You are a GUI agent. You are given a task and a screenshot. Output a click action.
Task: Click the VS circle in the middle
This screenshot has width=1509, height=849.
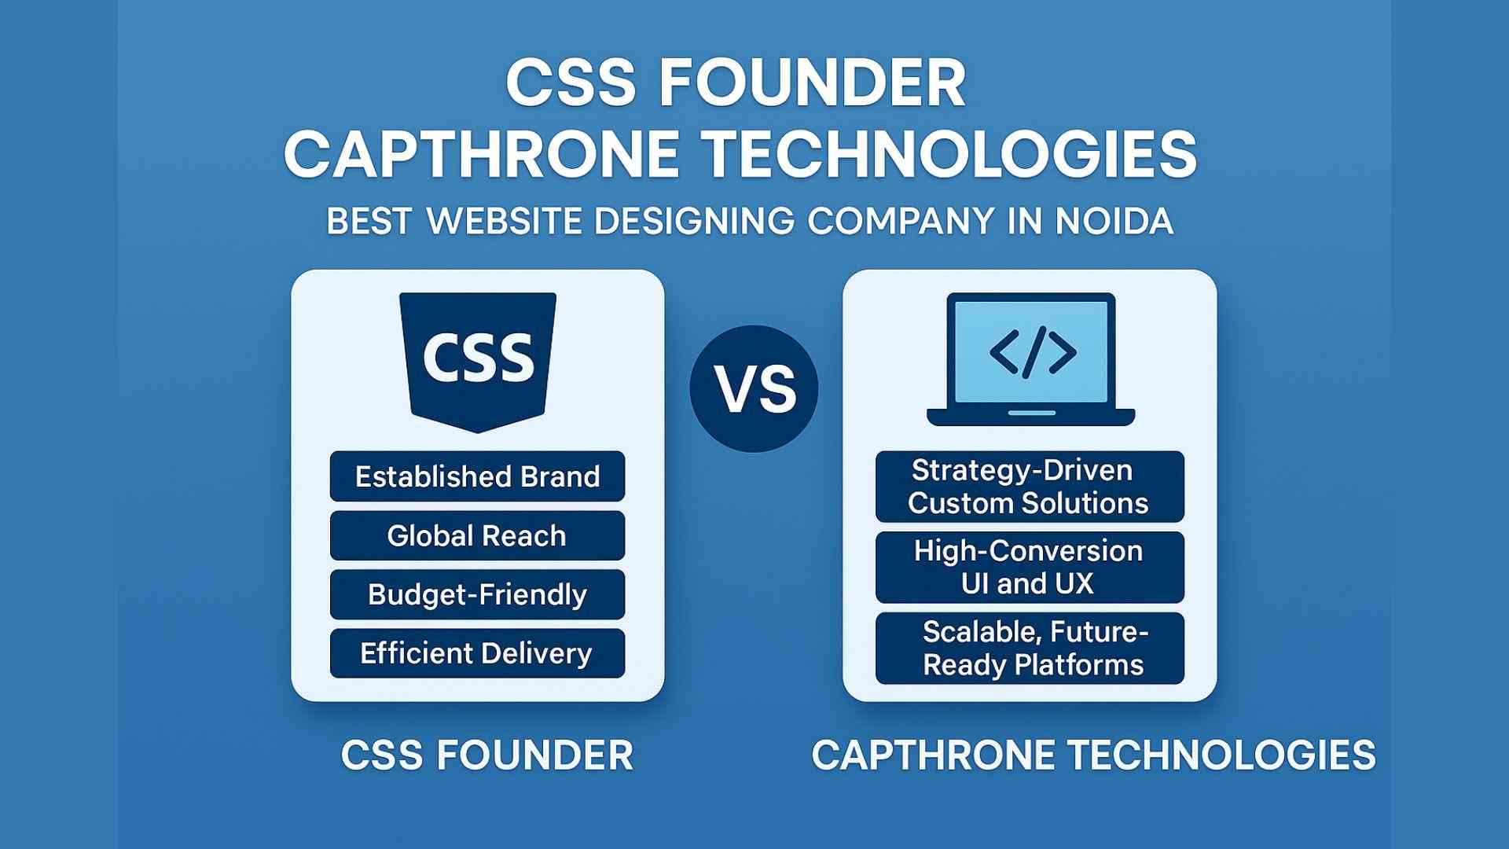[x=754, y=388]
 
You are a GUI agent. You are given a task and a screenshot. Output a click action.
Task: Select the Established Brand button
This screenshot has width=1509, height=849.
[x=477, y=476]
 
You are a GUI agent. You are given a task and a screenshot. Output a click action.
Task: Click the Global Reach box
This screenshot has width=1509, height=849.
[x=477, y=536]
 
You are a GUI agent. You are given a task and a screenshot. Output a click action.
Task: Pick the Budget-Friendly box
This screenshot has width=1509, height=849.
[x=477, y=594]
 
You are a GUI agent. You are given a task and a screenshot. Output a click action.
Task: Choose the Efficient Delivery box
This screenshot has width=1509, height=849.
[x=477, y=653]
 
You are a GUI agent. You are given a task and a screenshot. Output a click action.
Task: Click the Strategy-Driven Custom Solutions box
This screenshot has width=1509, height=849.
[x=1030, y=487]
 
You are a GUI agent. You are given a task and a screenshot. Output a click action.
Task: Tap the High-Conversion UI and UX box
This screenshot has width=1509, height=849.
[x=1030, y=568]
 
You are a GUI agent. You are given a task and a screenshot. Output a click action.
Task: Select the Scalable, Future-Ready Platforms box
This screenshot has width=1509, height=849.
[x=1030, y=649]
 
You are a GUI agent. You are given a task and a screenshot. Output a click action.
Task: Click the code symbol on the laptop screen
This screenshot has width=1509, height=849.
[x=1032, y=352]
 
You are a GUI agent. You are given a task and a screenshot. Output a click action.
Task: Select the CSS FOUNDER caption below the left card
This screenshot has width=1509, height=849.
[x=487, y=755]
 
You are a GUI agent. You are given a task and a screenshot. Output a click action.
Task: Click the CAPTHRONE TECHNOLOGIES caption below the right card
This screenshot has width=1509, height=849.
[x=1093, y=755]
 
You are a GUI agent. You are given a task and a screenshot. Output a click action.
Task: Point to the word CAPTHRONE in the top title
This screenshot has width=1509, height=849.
[x=481, y=153]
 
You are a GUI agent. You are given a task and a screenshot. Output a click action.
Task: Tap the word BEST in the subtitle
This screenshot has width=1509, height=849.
[x=369, y=221]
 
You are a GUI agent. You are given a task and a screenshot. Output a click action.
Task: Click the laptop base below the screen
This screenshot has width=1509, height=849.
[x=1031, y=417]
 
